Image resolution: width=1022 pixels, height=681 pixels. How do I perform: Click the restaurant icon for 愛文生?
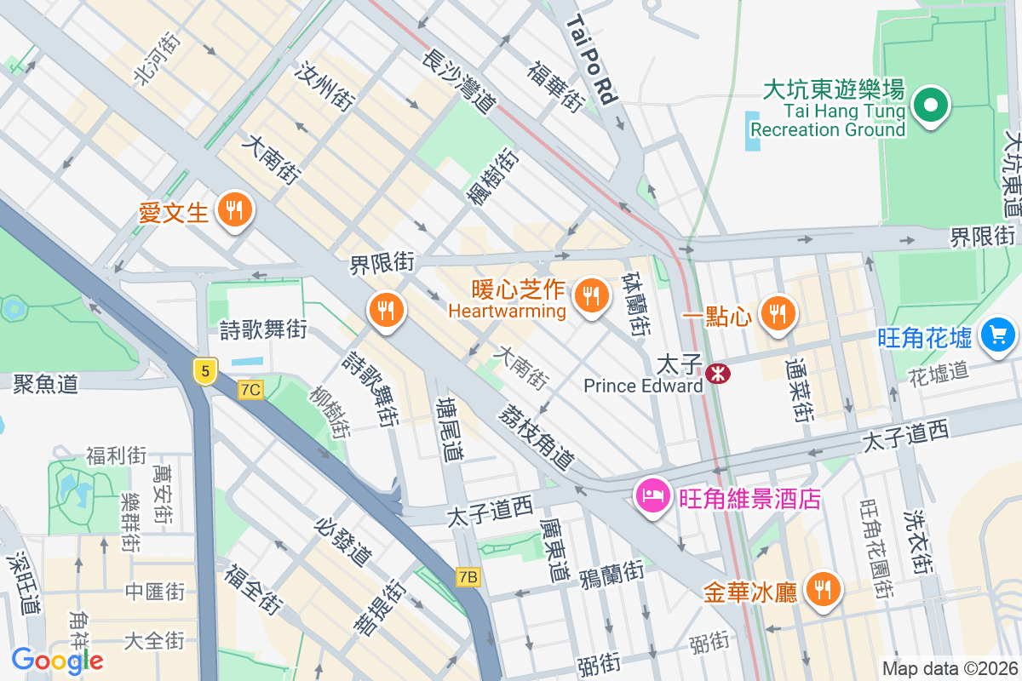(233, 209)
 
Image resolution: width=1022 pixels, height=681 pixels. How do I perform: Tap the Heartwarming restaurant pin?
(589, 295)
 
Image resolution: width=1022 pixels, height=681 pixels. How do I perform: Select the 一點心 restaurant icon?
(776, 314)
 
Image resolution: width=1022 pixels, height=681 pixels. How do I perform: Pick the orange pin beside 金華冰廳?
(822, 589)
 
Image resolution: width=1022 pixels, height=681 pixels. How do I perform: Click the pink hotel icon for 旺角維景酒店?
(652, 495)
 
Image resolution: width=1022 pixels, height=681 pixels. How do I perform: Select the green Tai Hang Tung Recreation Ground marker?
(931, 106)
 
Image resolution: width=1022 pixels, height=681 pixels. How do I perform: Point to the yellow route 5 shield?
(204, 371)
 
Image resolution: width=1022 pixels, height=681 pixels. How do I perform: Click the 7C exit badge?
(251, 390)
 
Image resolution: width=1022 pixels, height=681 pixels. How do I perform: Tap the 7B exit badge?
(468, 577)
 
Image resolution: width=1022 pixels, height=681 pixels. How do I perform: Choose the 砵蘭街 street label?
(636, 305)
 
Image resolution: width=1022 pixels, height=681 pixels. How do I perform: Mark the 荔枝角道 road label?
(537, 435)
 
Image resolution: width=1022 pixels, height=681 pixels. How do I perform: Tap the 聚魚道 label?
(46, 384)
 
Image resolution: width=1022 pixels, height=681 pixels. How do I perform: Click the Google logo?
(57, 660)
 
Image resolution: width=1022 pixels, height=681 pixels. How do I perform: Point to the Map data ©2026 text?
(950, 668)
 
